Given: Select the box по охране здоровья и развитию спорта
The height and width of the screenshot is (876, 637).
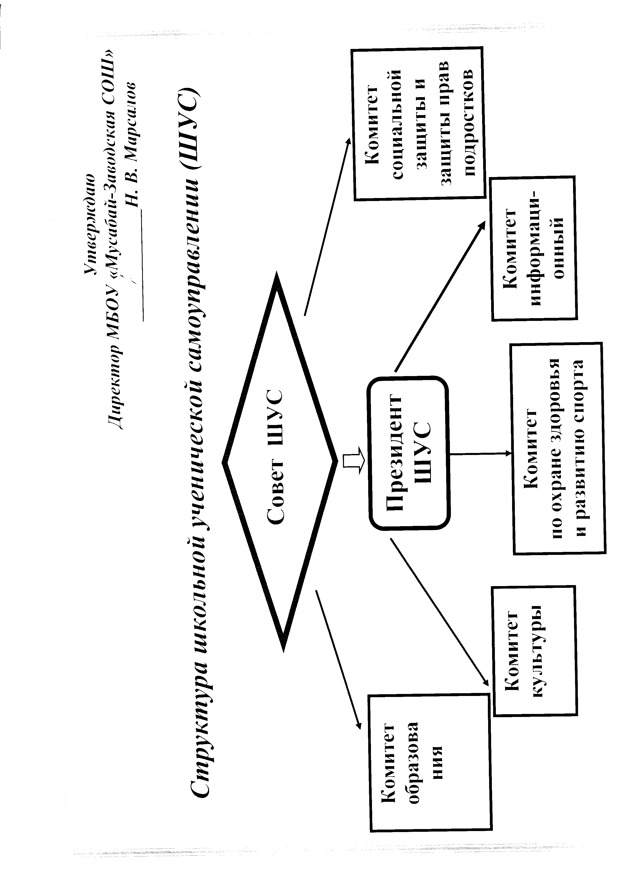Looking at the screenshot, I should [559, 448].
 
